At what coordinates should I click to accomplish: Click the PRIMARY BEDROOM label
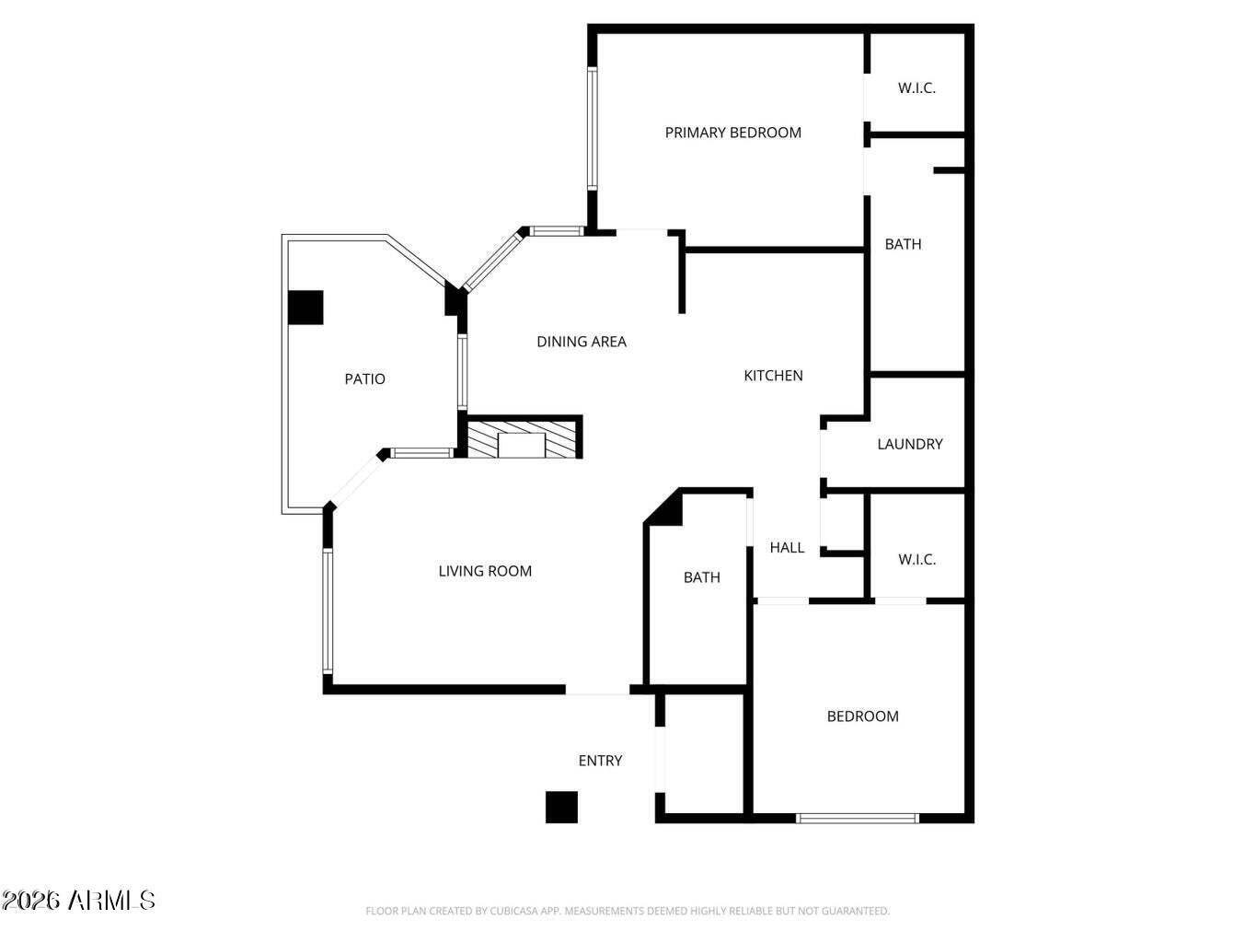click(x=732, y=133)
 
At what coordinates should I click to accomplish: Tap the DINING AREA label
click(x=582, y=342)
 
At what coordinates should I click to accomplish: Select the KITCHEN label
click(x=773, y=376)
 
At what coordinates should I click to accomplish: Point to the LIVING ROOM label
click(x=485, y=571)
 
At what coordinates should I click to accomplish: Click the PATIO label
click(x=364, y=379)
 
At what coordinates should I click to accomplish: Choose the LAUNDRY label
click(x=909, y=444)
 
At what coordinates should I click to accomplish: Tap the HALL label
click(x=787, y=548)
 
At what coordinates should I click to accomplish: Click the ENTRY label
click(x=600, y=761)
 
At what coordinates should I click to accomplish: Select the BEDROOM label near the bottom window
click(x=862, y=716)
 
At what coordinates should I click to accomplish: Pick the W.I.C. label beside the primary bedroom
click(x=916, y=88)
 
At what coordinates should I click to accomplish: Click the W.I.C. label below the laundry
click(x=916, y=560)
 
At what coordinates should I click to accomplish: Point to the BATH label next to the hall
click(x=701, y=577)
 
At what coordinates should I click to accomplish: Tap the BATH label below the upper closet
click(x=903, y=244)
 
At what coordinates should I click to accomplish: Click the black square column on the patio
click(x=305, y=308)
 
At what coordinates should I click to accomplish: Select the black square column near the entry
click(x=561, y=807)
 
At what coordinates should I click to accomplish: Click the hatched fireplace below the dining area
click(x=523, y=439)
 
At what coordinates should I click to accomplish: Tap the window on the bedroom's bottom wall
click(x=857, y=818)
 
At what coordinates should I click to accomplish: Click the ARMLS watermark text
click(x=78, y=900)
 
